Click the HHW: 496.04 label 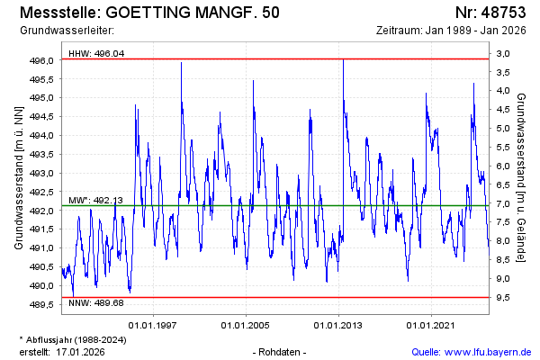(x=96, y=53)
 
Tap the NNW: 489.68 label (x=96, y=304)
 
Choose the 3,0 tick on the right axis (x=503, y=54)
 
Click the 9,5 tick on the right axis (x=503, y=297)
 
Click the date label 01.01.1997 (x=152, y=325)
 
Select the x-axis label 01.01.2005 (x=246, y=325)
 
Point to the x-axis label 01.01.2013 (x=339, y=325)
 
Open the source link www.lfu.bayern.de (x=485, y=351)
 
